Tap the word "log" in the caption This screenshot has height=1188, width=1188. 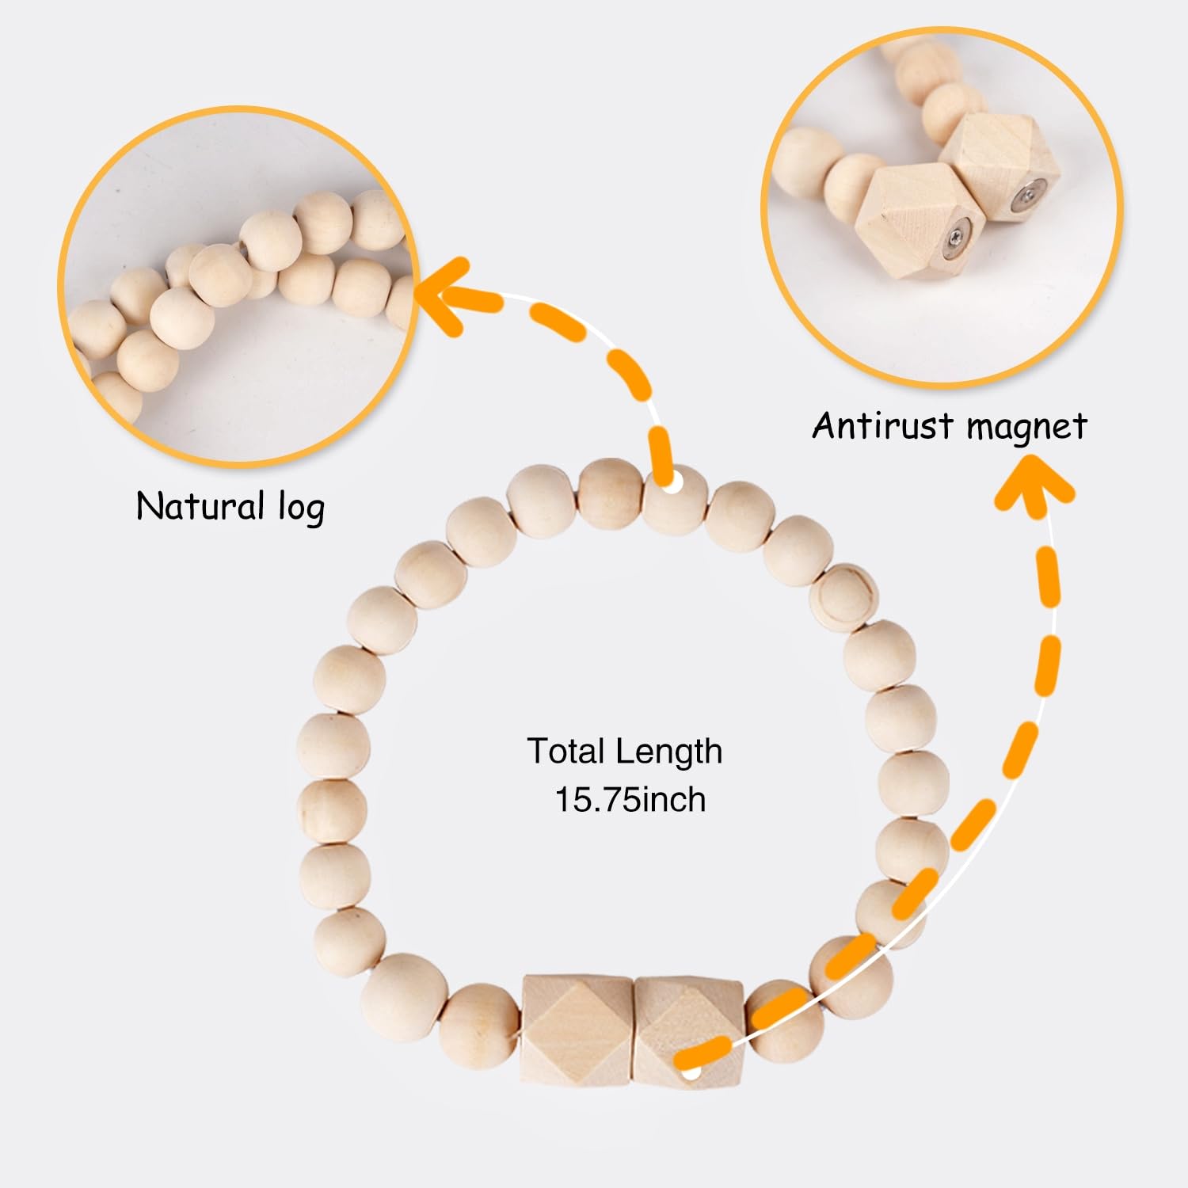[x=301, y=508]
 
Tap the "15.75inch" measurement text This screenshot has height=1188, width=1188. [x=630, y=799]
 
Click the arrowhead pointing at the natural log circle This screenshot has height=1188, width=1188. [x=444, y=297]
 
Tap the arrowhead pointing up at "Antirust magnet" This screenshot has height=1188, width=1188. [x=1034, y=483]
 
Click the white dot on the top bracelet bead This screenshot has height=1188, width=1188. [x=672, y=482]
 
